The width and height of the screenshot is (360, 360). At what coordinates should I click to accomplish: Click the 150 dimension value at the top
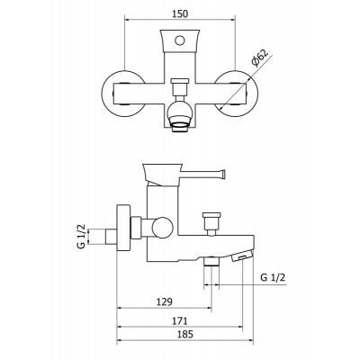(x=180, y=14)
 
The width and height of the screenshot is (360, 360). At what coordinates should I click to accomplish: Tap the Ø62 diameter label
(x=259, y=58)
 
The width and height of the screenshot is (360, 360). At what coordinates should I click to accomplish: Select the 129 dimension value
(x=165, y=301)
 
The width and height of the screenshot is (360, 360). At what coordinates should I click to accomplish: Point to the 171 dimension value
(x=180, y=320)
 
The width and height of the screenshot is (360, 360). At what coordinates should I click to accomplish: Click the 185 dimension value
(x=184, y=334)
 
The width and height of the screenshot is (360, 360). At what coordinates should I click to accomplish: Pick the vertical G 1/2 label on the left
(x=82, y=236)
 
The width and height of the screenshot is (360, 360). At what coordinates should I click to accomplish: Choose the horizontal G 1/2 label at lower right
(x=273, y=277)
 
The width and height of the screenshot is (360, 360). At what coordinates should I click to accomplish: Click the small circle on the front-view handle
(x=180, y=40)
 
